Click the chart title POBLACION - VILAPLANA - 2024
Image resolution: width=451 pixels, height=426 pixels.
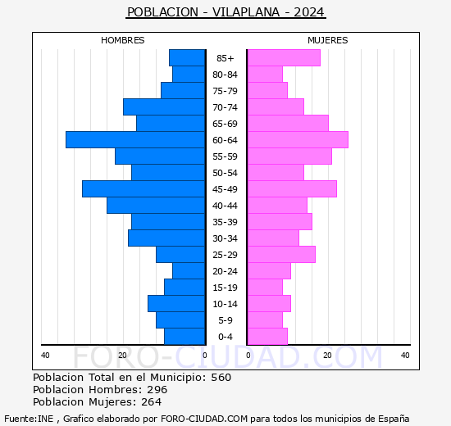(225, 12)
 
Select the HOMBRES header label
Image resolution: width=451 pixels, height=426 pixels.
(122, 40)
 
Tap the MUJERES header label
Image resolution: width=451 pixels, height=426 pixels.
(327, 40)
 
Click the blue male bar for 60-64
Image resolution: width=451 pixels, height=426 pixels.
(135, 140)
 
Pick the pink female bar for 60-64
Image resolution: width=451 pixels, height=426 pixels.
(297, 140)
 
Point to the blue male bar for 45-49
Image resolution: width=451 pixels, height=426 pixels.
(143, 189)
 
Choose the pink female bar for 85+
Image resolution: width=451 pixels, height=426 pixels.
(283, 58)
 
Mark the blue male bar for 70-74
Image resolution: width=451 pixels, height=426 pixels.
(164, 107)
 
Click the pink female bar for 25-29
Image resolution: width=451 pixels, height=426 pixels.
(280, 255)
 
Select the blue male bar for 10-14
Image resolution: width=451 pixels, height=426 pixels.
(176, 304)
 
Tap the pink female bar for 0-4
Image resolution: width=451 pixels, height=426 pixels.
(266, 337)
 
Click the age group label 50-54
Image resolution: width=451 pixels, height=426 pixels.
(225, 173)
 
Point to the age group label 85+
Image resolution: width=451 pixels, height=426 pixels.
(225, 58)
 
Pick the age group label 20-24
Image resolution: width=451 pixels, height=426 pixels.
(225, 271)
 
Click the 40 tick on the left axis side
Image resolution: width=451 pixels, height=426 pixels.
(46, 355)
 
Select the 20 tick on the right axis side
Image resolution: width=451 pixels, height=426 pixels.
(327, 355)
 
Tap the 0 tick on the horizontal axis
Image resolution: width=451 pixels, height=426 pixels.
(205, 355)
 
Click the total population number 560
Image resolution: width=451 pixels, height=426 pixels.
(221, 378)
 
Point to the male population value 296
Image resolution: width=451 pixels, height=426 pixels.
(157, 390)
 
